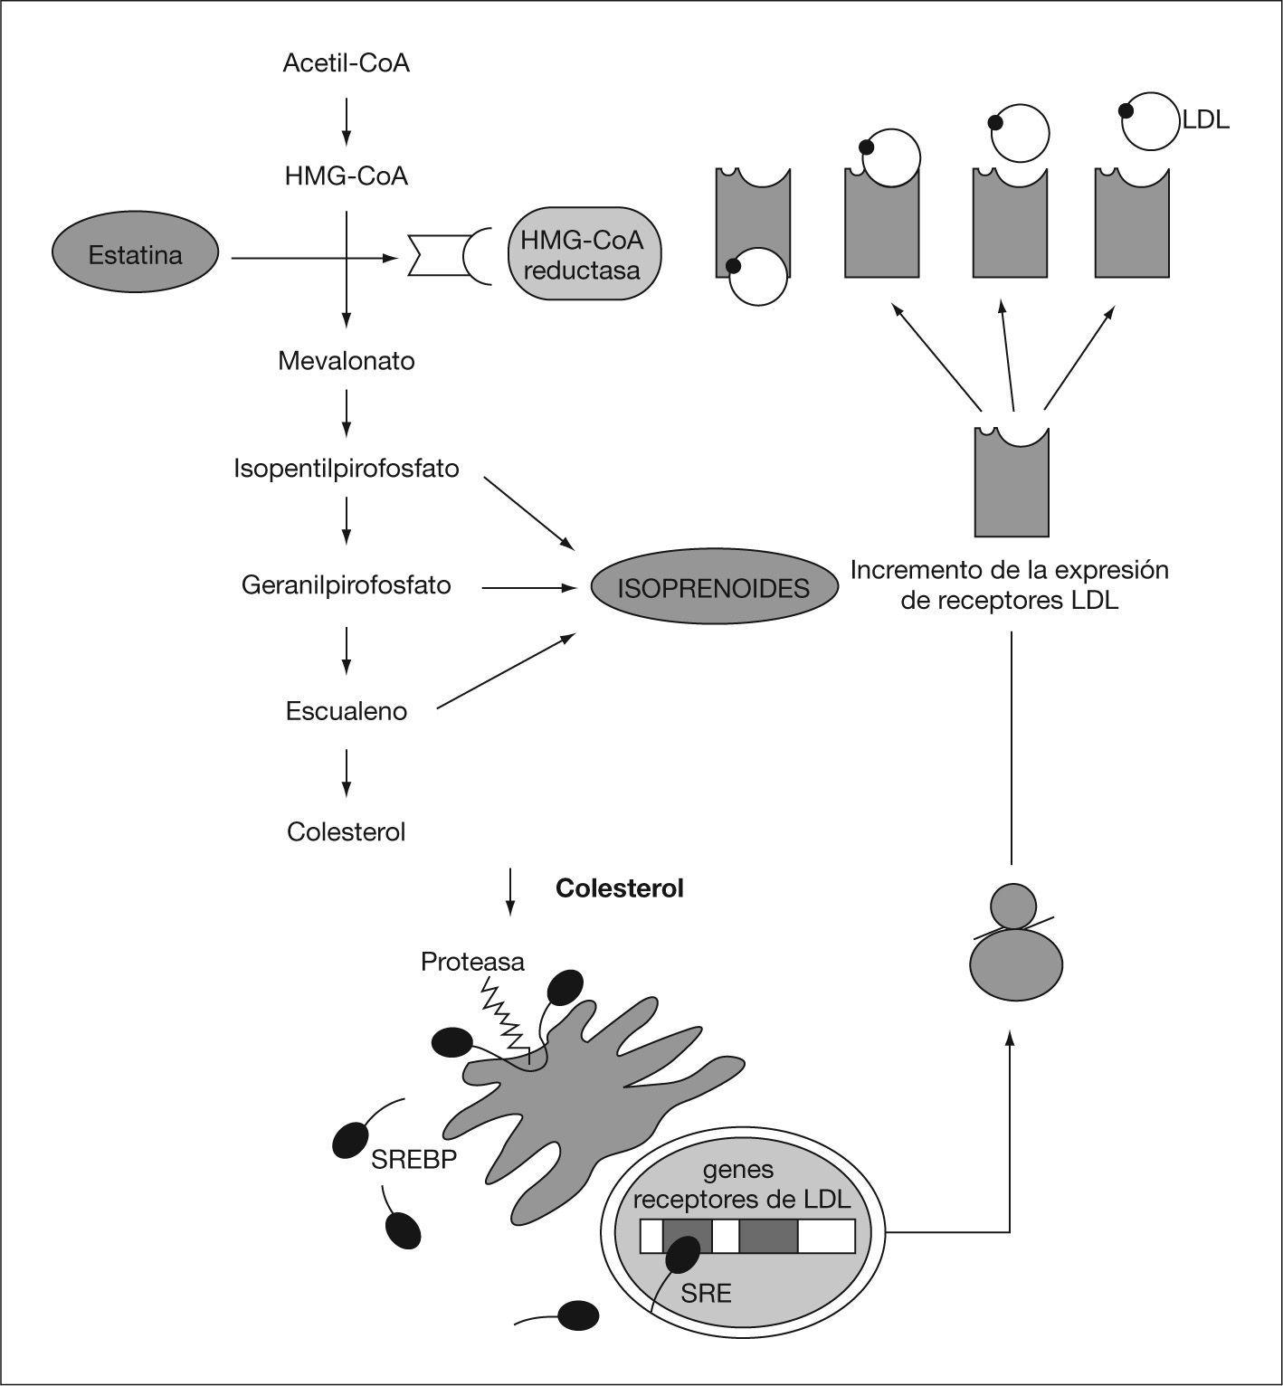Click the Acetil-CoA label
346,63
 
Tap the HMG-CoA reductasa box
582,255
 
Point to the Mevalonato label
346,361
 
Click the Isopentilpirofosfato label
346,469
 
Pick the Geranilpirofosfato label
346,585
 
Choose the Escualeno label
346,711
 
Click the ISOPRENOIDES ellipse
713,588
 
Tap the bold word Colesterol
620,888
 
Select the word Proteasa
472,961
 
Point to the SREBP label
413,1159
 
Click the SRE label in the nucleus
706,1294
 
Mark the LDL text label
1206,119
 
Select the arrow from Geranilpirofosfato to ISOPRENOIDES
529,588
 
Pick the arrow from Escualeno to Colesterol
346,772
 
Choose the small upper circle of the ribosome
1013,906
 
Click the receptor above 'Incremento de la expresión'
1012,484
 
